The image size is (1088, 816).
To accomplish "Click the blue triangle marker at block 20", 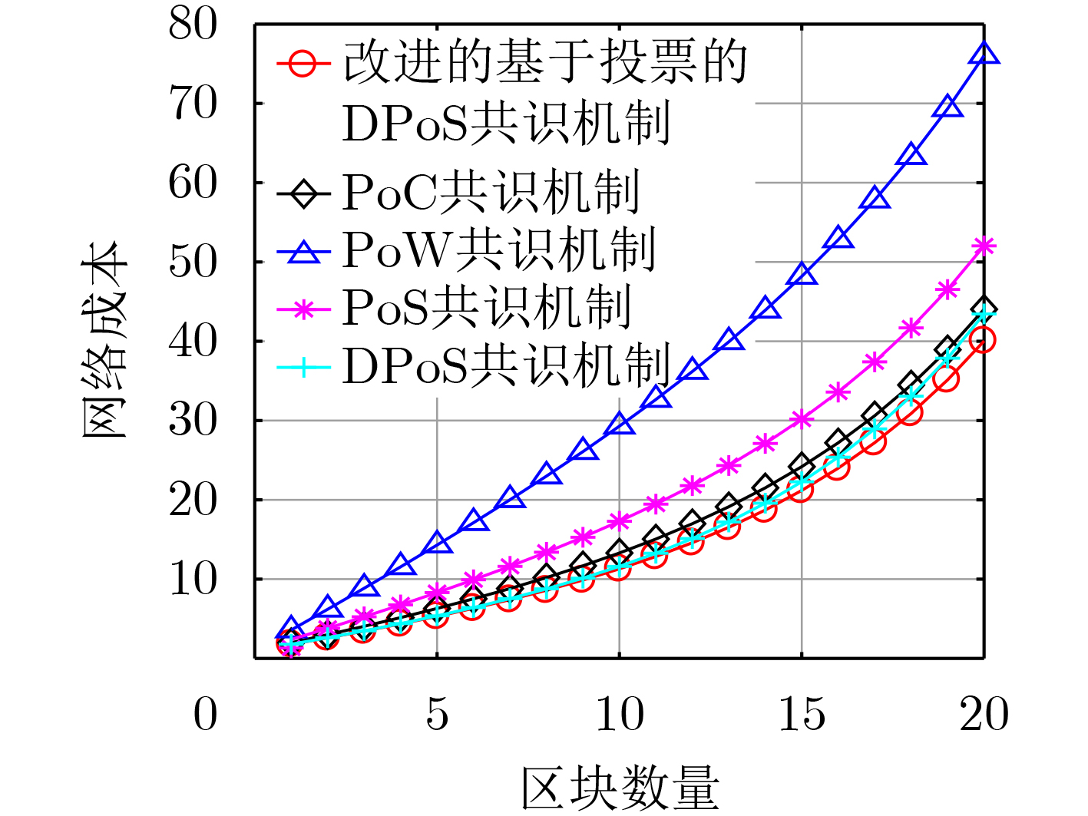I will click(x=984, y=54).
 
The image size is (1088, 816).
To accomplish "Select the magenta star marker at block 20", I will click(x=984, y=246).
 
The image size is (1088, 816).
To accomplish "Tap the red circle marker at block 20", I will click(x=983, y=339).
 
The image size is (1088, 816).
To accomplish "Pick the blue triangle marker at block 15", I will click(x=802, y=274).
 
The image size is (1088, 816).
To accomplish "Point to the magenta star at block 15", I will click(x=802, y=419).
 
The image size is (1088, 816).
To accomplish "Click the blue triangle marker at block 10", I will click(x=619, y=424).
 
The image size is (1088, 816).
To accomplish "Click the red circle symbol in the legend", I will click(x=303, y=63).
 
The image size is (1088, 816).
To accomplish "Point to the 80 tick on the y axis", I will click(x=193, y=25).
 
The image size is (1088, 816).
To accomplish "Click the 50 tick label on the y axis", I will click(x=193, y=262).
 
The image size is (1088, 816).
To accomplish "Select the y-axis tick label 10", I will click(x=193, y=580).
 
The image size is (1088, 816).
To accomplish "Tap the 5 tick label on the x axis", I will click(x=437, y=715).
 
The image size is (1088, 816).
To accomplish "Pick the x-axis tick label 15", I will click(x=802, y=715).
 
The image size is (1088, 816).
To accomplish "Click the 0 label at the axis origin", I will click(x=205, y=715).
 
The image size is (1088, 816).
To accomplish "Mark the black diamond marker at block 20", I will click(x=984, y=309).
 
